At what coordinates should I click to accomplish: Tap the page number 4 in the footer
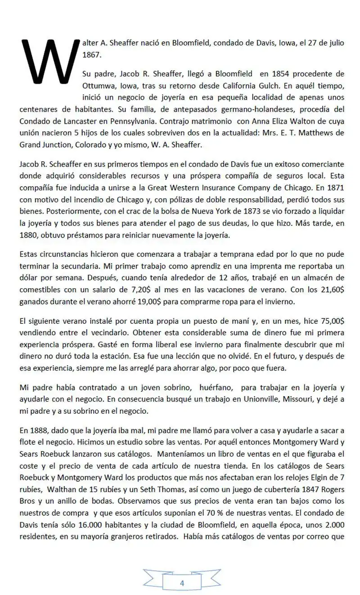[182, 583]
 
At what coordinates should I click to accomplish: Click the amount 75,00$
[333, 320]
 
